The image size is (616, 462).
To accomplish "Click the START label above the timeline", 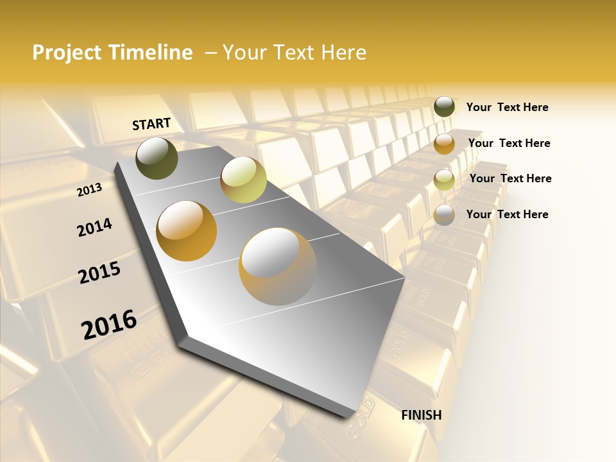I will (x=151, y=123).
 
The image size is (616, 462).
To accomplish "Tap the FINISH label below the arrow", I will (x=422, y=415).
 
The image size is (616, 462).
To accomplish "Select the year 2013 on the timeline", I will (x=89, y=190).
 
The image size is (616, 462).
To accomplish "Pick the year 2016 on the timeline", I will (x=109, y=325).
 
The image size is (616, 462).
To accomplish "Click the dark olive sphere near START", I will (x=157, y=158).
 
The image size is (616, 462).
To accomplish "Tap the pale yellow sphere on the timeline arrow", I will (x=243, y=180).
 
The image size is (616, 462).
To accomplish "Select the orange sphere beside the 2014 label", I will (x=187, y=231).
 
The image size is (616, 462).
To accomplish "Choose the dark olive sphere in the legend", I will (x=444, y=107).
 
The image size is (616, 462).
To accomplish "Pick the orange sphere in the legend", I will (x=444, y=144).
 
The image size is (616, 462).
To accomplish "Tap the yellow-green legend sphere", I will (x=444, y=180).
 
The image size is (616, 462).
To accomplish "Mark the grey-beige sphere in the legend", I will (x=444, y=215).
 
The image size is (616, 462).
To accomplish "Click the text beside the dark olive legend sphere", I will (x=507, y=107).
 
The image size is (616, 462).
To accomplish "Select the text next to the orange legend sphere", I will (x=509, y=143).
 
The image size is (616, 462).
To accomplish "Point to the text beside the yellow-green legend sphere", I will (x=510, y=178).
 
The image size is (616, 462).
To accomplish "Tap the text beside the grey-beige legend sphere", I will (x=507, y=214).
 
